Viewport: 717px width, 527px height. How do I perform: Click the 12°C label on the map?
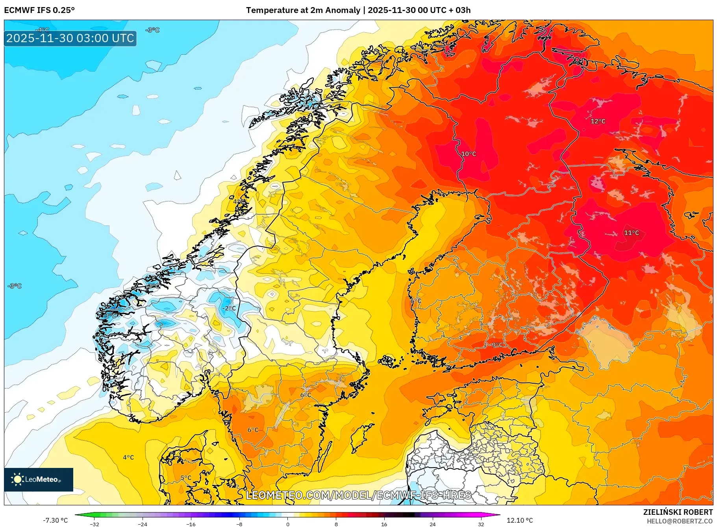coord(598,121)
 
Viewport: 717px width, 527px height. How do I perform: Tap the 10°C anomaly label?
coord(469,154)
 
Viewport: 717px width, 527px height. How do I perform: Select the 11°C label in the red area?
coord(631,233)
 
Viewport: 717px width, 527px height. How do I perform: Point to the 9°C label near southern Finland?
coord(497,345)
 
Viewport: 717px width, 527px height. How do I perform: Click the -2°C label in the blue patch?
coord(230,308)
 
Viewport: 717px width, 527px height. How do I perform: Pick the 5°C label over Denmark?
coord(186,478)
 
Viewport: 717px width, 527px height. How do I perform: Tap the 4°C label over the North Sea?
coord(128,458)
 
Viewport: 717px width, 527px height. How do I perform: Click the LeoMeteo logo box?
coord(39,479)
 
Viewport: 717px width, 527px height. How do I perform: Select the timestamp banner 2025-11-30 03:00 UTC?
coord(70,38)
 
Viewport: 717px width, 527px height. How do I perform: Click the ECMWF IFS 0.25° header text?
coord(39,10)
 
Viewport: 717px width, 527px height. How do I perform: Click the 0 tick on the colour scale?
coord(288,524)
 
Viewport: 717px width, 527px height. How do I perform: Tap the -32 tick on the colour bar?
coord(94,524)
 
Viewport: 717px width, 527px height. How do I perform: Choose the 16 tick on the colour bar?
coord(384,524)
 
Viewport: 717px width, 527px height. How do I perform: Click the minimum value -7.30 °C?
coord(55,520)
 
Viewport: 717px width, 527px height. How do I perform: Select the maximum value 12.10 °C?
coord(520,520)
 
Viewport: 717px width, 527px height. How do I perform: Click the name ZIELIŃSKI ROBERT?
coord(678,512)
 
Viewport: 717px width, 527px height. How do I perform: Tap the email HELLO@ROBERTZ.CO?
coord(680,521)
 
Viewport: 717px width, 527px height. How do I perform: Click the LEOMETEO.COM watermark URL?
coord(358,495)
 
